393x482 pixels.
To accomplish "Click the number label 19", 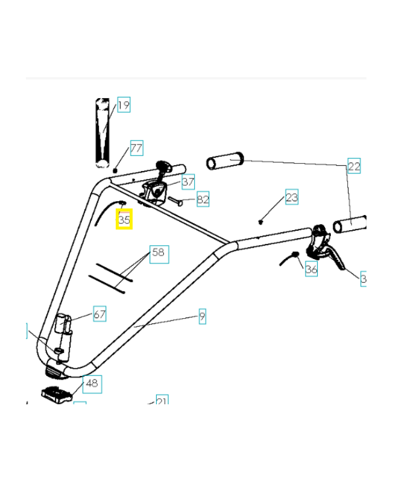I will pos(123,105).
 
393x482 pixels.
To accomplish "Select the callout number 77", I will pos(136,148).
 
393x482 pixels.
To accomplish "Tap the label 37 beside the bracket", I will pos(187,181).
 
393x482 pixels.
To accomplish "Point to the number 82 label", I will pos(203,199).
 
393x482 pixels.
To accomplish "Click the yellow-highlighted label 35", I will pos(124,219).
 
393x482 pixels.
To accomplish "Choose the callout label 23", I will pos(291,197).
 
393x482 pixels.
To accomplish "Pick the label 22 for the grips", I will pos(354,167).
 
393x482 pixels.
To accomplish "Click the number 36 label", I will pos(311,269).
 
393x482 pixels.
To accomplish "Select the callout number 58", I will pos(158,252).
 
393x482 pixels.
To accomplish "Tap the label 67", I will pos(99,314).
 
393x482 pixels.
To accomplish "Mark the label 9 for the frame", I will pos(202,315).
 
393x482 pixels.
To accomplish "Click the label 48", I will pos(92,383).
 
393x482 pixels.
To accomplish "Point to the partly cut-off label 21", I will pos(162,400).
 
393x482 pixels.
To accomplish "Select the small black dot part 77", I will pos(115,171).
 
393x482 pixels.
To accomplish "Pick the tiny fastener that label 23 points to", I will pos(260,221).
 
